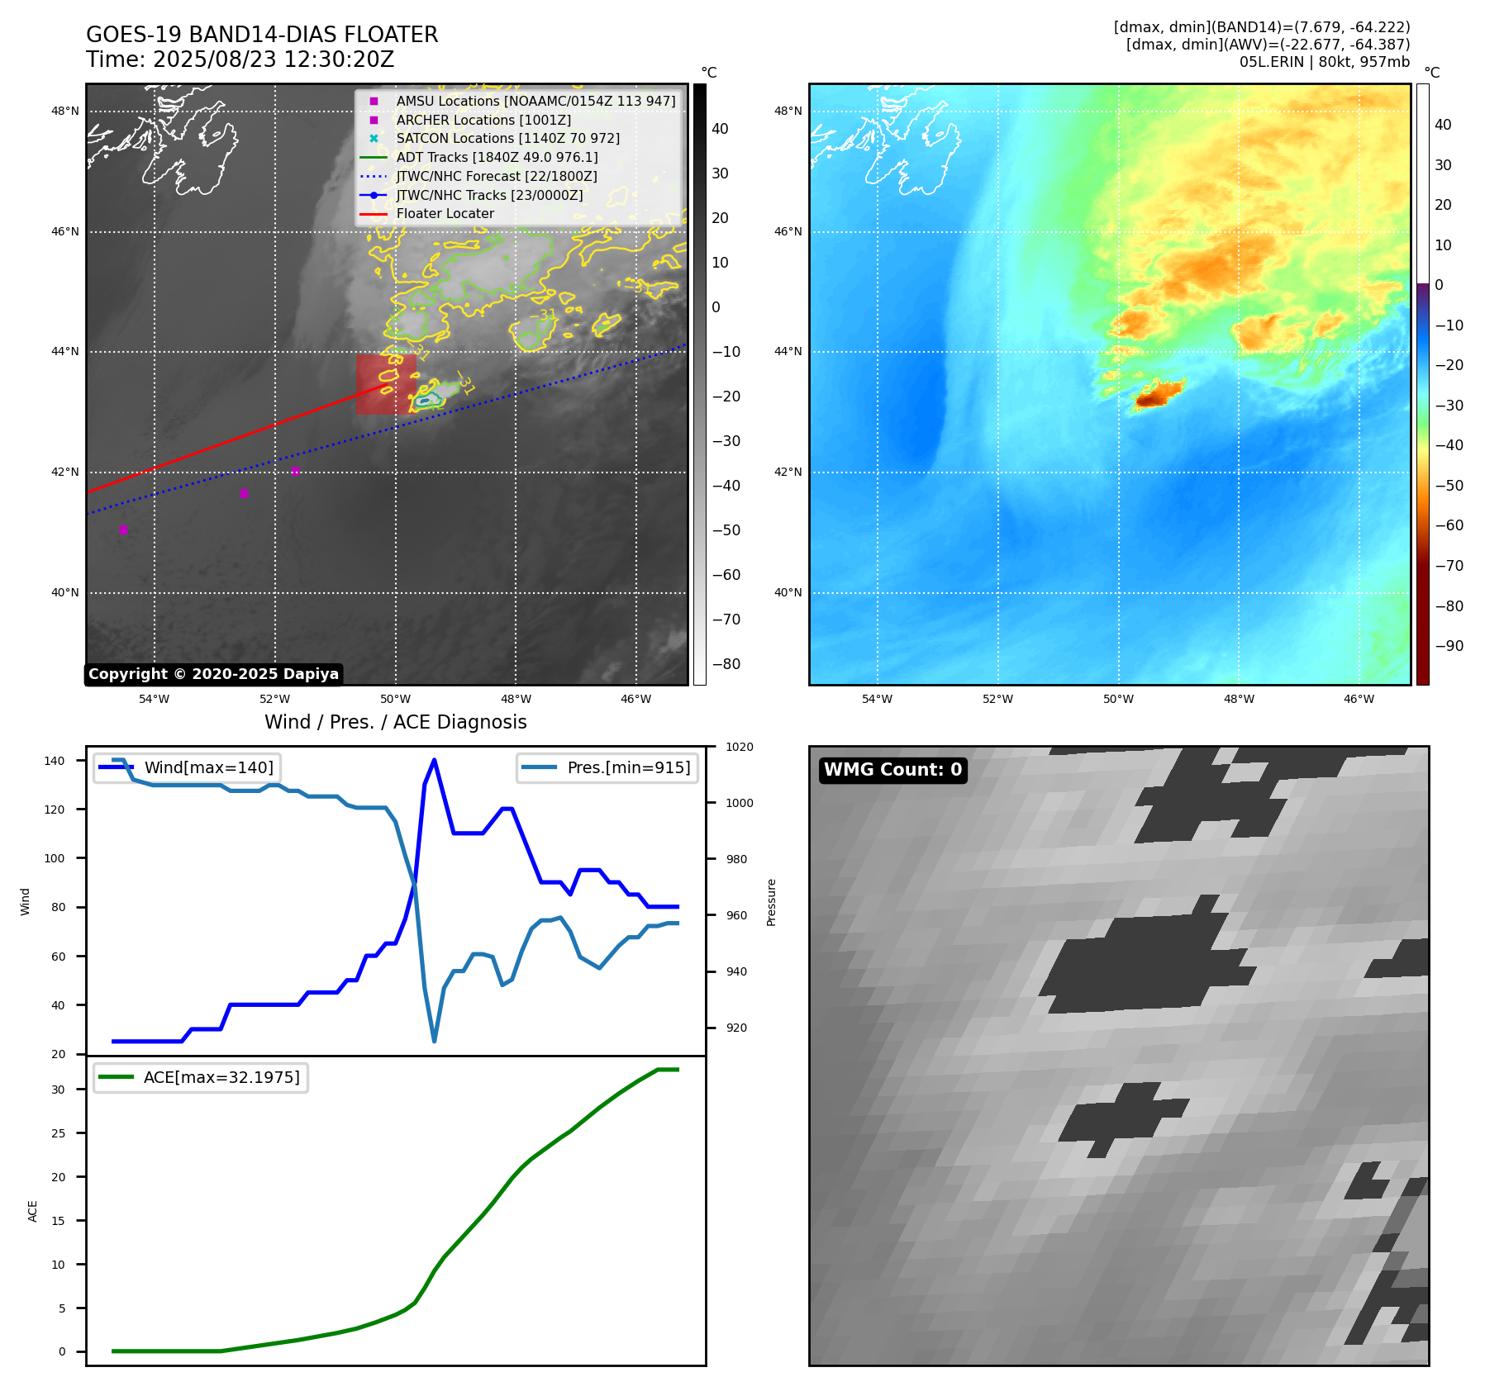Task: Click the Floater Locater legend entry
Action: tap(445, 214)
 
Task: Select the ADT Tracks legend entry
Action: tap(497, 158)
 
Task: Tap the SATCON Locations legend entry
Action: tap(507, 139)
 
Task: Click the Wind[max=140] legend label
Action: tap(208, 767)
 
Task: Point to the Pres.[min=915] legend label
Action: tap(628, 767)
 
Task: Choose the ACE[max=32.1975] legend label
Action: tap(221, 1077)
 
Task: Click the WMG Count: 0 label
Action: tap(892, 770)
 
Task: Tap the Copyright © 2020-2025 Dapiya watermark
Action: tap(213, 674)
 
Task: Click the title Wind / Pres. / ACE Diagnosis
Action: tap(395, 722)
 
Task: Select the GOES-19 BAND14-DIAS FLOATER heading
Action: tap(262, 35)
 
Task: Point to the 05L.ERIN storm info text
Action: tap(1324, 62)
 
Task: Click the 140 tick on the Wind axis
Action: tap(55, 761)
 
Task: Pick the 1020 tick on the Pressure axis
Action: tap(739, 748)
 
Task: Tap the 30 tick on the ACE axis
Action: tap(58, 1090)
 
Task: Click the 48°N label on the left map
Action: tap(65, 112)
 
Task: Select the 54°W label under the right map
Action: tap(877, 700)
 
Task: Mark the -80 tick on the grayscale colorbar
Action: tap(726, 664)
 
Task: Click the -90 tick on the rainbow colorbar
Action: tap(1449, 646)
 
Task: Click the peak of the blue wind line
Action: tap(434, 760)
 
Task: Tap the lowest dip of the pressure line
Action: tap(434, 1041)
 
